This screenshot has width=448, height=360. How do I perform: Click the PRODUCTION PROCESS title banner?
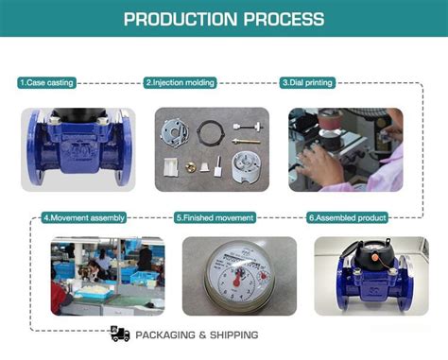coord(224,19)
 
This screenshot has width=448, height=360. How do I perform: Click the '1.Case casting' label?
coord(46,83)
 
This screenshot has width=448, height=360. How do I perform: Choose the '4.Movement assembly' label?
coord(84,217)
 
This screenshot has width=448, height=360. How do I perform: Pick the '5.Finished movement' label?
coord(215,217)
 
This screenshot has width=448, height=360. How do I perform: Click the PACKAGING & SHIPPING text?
coord(197,334)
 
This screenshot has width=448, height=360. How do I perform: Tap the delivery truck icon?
coord(119,334)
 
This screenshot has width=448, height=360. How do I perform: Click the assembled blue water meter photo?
coord(371,275)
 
